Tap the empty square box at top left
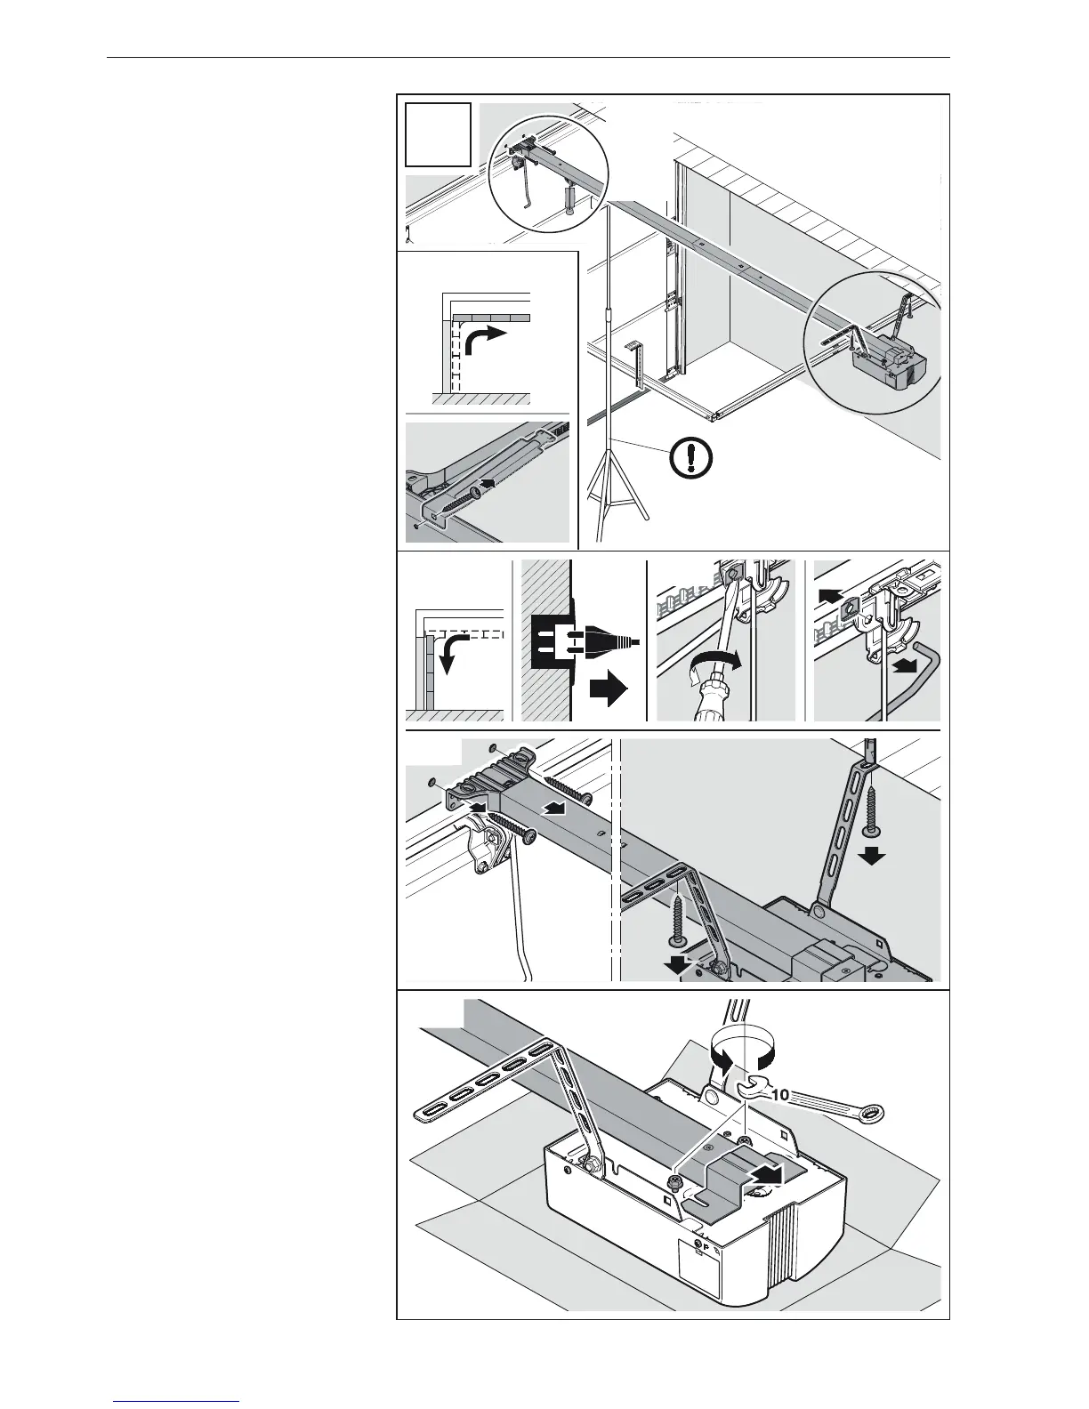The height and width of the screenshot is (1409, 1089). tap(438, 134)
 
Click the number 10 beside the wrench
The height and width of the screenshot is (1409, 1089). tap(780, 1095)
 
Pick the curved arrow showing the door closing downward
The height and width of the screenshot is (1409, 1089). tap(468, 655)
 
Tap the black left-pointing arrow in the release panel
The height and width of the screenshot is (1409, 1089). tap(830, 592)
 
